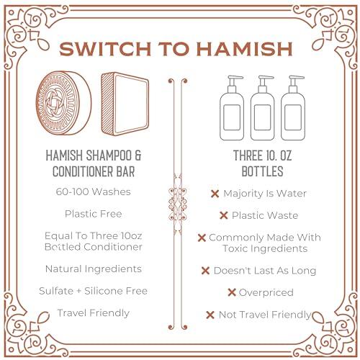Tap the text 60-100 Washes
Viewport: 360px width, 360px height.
tap(94, 192)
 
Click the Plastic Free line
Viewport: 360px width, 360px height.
tap(94, 214)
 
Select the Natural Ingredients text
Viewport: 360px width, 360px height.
tap(94, 269)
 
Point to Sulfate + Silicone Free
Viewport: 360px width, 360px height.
tap(94, 290)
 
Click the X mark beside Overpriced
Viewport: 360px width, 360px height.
tap(232, 292)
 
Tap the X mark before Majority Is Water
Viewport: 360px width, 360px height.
tap(215, 194)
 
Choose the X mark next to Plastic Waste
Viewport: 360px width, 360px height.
tap(224, 215)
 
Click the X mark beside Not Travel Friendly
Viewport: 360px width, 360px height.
tap(210, 315)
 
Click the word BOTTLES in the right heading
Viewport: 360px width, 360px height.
tap(263, 173)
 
